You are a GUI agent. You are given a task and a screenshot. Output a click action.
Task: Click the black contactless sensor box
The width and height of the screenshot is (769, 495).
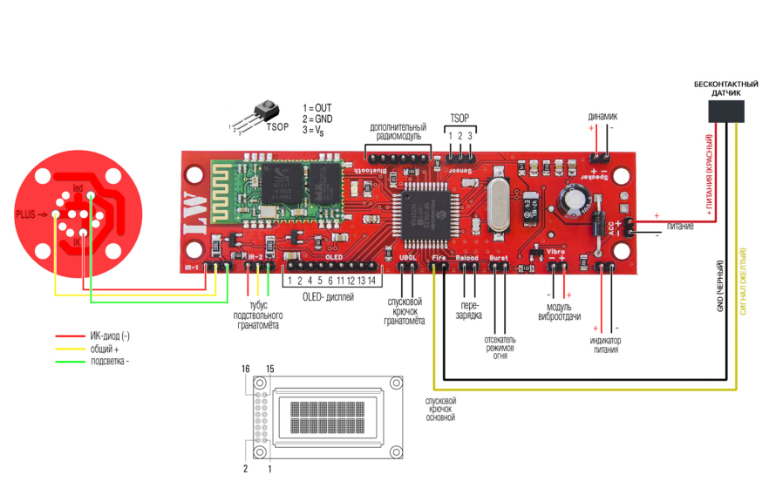(725, 111)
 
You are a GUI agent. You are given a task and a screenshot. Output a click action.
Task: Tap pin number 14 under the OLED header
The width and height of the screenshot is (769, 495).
(371, 281)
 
